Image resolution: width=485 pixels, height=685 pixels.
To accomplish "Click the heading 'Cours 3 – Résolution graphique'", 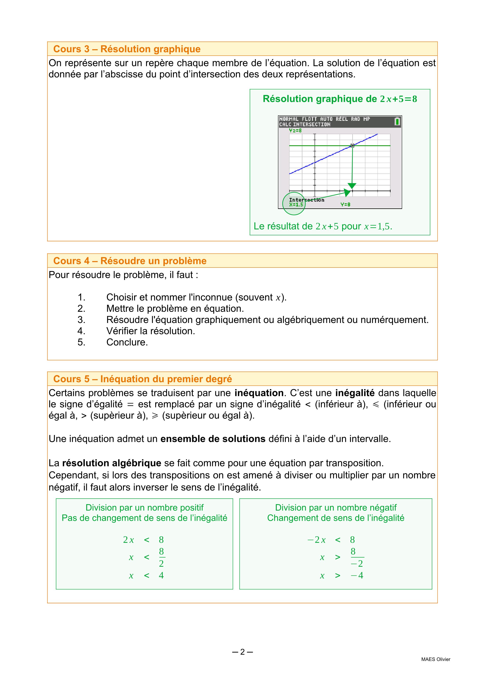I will [127, 49].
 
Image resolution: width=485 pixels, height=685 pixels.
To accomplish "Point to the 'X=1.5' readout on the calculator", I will [296, 205].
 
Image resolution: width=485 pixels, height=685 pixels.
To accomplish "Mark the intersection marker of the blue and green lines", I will [352, 146].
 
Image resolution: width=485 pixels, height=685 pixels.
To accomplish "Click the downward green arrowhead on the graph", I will [352, 186].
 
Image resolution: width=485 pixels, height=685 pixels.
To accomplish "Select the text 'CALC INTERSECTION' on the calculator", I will [305, 124].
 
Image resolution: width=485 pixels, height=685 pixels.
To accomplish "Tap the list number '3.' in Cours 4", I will [82, 320].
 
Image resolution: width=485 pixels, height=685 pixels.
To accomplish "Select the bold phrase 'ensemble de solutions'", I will [213, 439].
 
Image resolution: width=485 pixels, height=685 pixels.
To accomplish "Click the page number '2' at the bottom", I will [242, 652].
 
